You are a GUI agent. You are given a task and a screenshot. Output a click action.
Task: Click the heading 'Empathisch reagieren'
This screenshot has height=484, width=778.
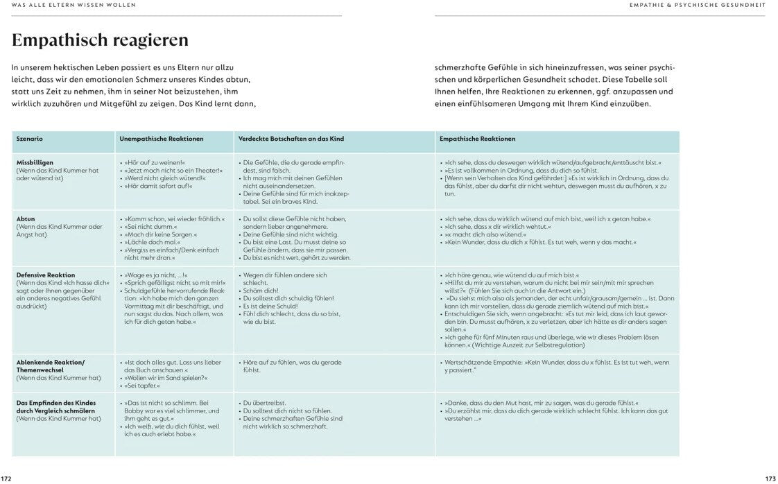(x=100, y=40)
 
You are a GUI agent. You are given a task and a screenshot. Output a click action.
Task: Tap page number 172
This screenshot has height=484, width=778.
(x=6, y=478)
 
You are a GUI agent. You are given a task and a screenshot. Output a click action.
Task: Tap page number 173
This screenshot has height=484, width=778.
(x=770, y=478)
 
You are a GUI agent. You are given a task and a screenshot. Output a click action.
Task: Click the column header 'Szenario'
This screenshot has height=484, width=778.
(x=30, y=139)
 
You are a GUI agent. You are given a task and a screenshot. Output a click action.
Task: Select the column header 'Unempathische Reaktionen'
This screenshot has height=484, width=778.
(x=162, y=139)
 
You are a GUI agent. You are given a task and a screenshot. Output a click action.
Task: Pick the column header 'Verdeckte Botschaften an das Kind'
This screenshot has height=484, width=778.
(x=291, y=139)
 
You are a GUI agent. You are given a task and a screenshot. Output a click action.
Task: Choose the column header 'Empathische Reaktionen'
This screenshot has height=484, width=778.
(x=477, y=139)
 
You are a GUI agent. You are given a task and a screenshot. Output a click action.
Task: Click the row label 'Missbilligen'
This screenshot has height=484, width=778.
(x=35, y=162)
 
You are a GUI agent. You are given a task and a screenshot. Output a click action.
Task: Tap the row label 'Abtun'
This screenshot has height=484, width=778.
(x=26, y=219)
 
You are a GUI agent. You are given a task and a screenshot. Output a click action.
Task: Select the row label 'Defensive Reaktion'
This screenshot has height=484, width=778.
(x=46, y=275)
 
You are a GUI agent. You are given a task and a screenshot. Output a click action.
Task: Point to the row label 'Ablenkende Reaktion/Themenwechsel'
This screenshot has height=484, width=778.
(x=50, y=366)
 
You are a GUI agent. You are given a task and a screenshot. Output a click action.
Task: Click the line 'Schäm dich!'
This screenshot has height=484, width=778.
(x=260, y=291)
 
